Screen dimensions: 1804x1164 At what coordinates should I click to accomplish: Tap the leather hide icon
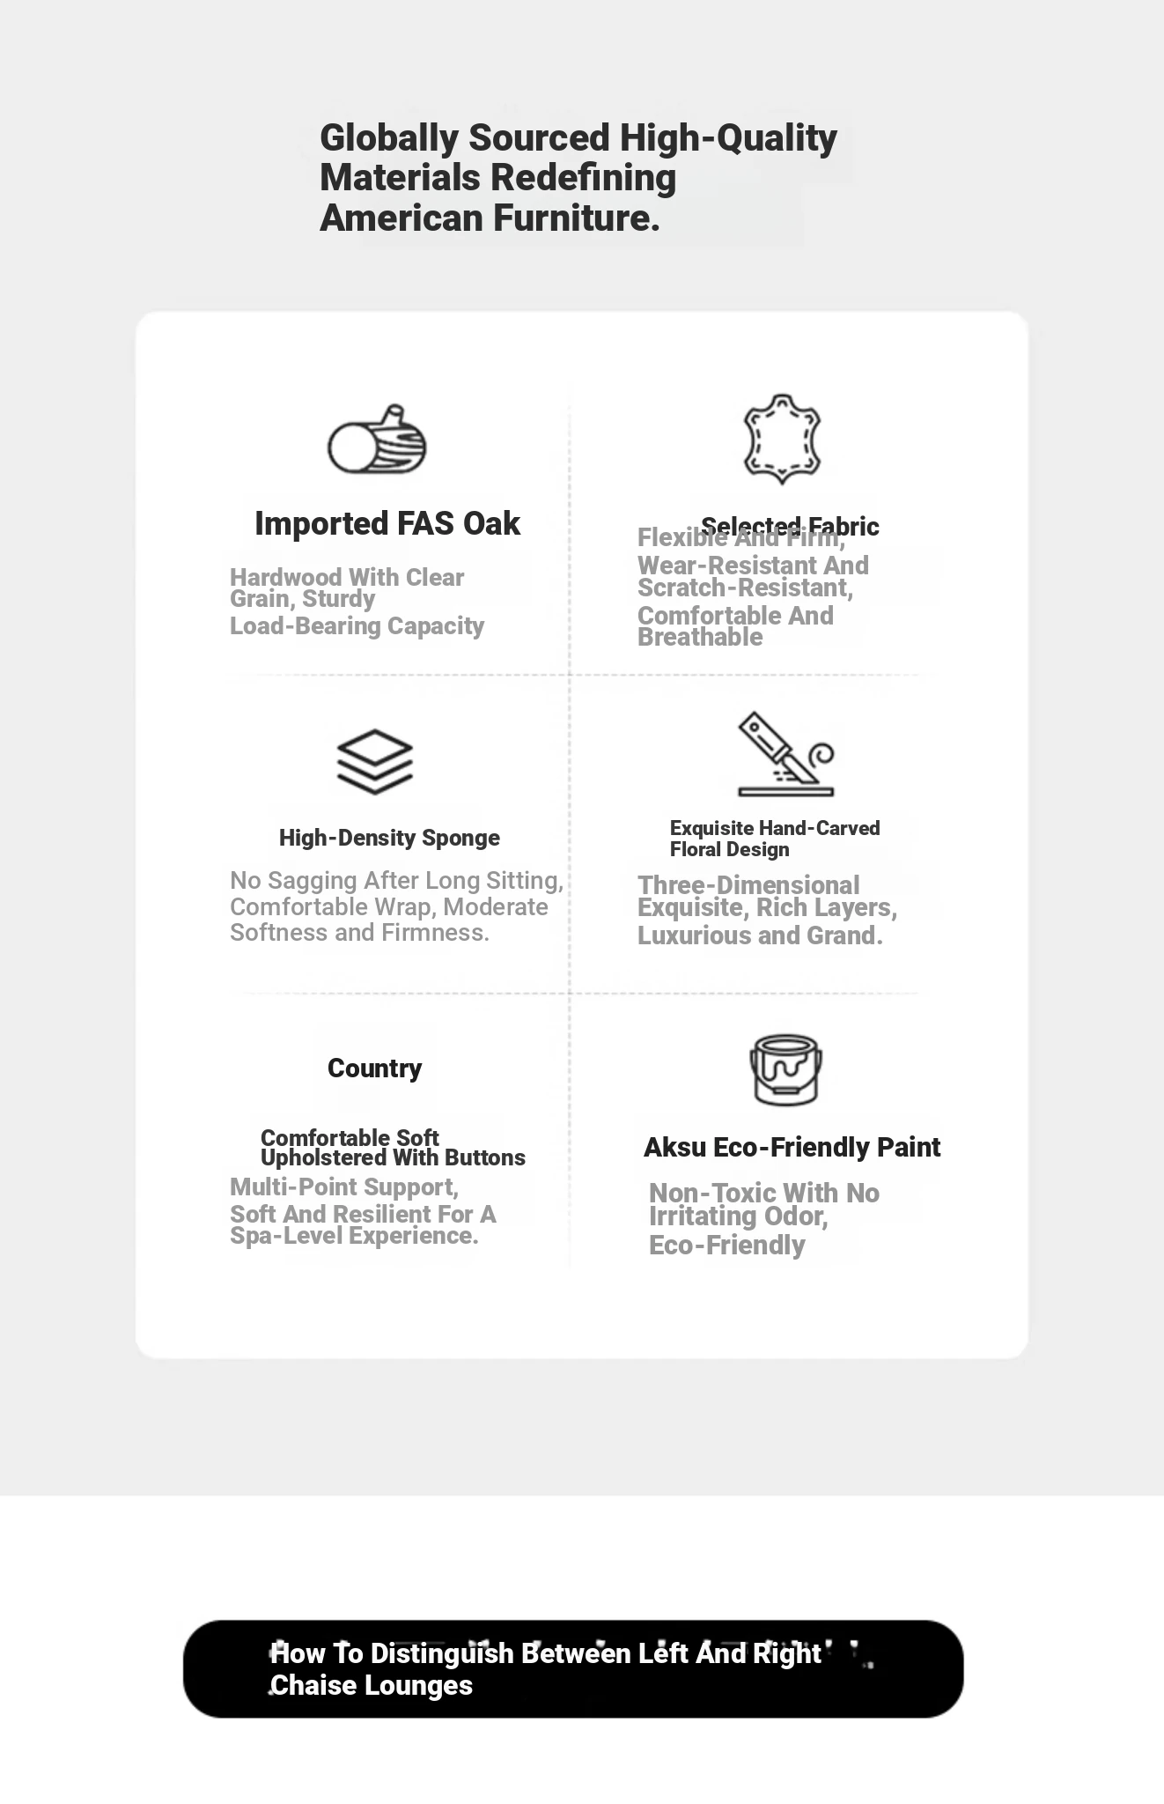pyautogui.click(x=782, y=439)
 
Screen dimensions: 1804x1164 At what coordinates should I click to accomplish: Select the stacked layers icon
pyautogui.click(x=375, y=761)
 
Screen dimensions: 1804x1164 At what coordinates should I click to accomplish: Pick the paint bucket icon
pyautogui.click(x=785, y=1069)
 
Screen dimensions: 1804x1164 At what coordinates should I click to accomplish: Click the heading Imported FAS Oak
pyautogui.click(x=387, y=523)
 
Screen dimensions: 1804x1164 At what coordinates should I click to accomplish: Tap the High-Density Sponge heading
pyautogui.click(x=389, y=838)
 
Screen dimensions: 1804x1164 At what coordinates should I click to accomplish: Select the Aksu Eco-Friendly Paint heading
pyautogui.click(x=792, y=1147)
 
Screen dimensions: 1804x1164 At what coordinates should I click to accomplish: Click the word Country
pyautogui.click(x=374, y=1068)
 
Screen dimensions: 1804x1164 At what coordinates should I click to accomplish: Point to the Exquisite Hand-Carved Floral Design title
pyautogui.click(x=774, y=839)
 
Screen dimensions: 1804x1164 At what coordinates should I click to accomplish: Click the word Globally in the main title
pyautogui.click(x=389, y=138)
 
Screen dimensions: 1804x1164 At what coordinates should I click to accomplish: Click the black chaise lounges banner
pyautogui.click(x=572, y=1668)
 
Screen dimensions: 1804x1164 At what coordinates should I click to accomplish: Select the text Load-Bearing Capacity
pyautogui.click(x=357, y=625)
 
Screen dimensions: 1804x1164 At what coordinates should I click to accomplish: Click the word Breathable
pyautogui.click(x=700, y=637)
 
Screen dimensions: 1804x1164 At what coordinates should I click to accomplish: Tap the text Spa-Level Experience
pyautogui.click(x=354, y=1235)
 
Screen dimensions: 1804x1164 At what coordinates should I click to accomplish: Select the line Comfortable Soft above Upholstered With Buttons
pyautogui.click(x=350, y=1137)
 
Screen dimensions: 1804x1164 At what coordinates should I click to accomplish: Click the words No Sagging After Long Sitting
pyautogui.click(x=396, y=881)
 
